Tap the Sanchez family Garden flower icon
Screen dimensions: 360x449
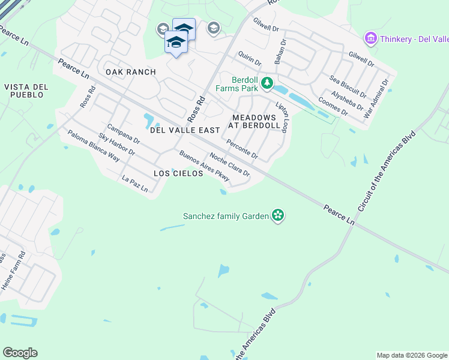pyautogui.click(x=277, y=215)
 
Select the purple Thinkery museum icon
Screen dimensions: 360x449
pyautogui.click(x=370, y=40)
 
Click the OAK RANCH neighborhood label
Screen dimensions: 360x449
pyautogui.click(x=131, y=72)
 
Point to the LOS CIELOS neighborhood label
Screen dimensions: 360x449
pyautogui.click(x=175, y=173)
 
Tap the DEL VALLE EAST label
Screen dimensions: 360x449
pyautogui.click(x=176, y=130)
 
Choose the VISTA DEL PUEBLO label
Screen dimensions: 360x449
pyautogui.click(x=24, y=91)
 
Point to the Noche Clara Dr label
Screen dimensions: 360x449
pyautogui.click(x=229, y=163)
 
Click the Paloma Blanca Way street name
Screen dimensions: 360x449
pyautogui.click(x=93, y=146)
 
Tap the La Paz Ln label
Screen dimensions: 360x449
pyautogui.click(x=134, y=183)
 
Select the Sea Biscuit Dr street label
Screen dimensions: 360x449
pyautogui.click(x=348, y=86)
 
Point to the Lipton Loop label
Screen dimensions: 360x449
pyautogui.click(x=282, y=117)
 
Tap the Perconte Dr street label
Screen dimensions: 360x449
pyautogui.click(x=242, y=150)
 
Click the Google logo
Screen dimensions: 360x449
pyautogui.click(x=20, y=353)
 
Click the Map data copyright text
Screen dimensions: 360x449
pyautogui.click(x=411, y=355)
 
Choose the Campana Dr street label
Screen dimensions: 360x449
pyautogui.click(x=123, y=134)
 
